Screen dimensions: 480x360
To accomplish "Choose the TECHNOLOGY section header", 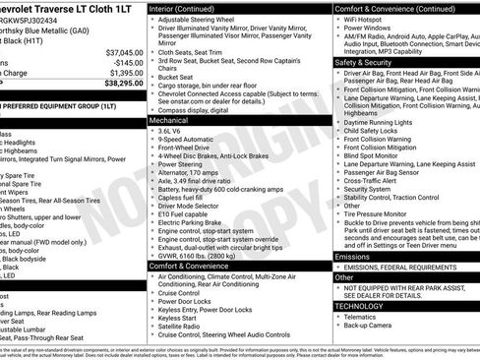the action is point(364,306).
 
